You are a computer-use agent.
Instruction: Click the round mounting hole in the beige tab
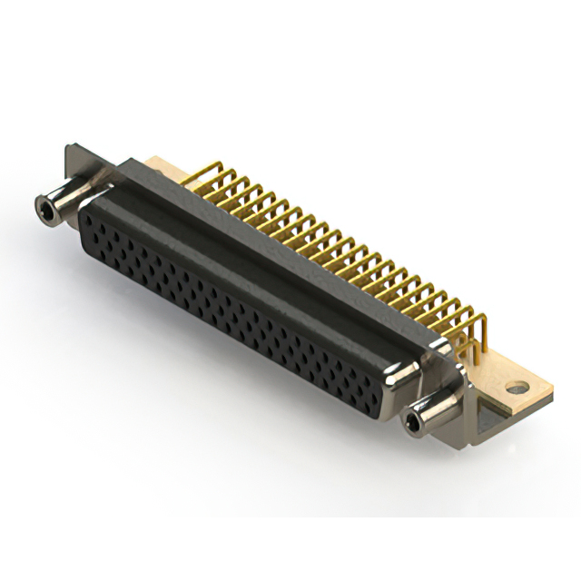[517, 388]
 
